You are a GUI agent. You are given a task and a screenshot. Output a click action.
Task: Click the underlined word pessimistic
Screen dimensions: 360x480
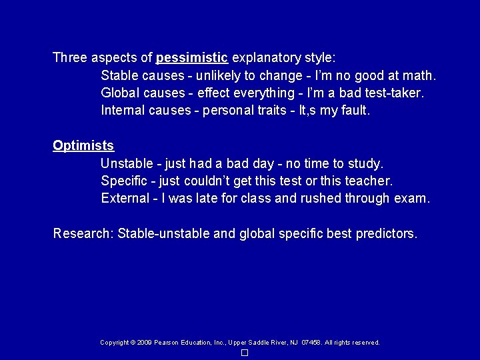[x=192, y=57]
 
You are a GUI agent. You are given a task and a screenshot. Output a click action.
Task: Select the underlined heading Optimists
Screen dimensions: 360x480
[x=83, y=145]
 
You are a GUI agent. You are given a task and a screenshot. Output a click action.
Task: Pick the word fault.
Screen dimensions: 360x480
[x=354, y=110]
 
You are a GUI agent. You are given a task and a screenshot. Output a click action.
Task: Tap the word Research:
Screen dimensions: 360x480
[x=83, y=233]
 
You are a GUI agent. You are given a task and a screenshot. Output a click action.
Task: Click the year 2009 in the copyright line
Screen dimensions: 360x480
[x=143, y=343]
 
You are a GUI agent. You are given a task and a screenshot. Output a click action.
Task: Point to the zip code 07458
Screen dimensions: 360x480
[x=311, y=343]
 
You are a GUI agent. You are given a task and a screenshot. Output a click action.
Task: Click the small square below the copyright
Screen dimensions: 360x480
[x=245, y=353]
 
